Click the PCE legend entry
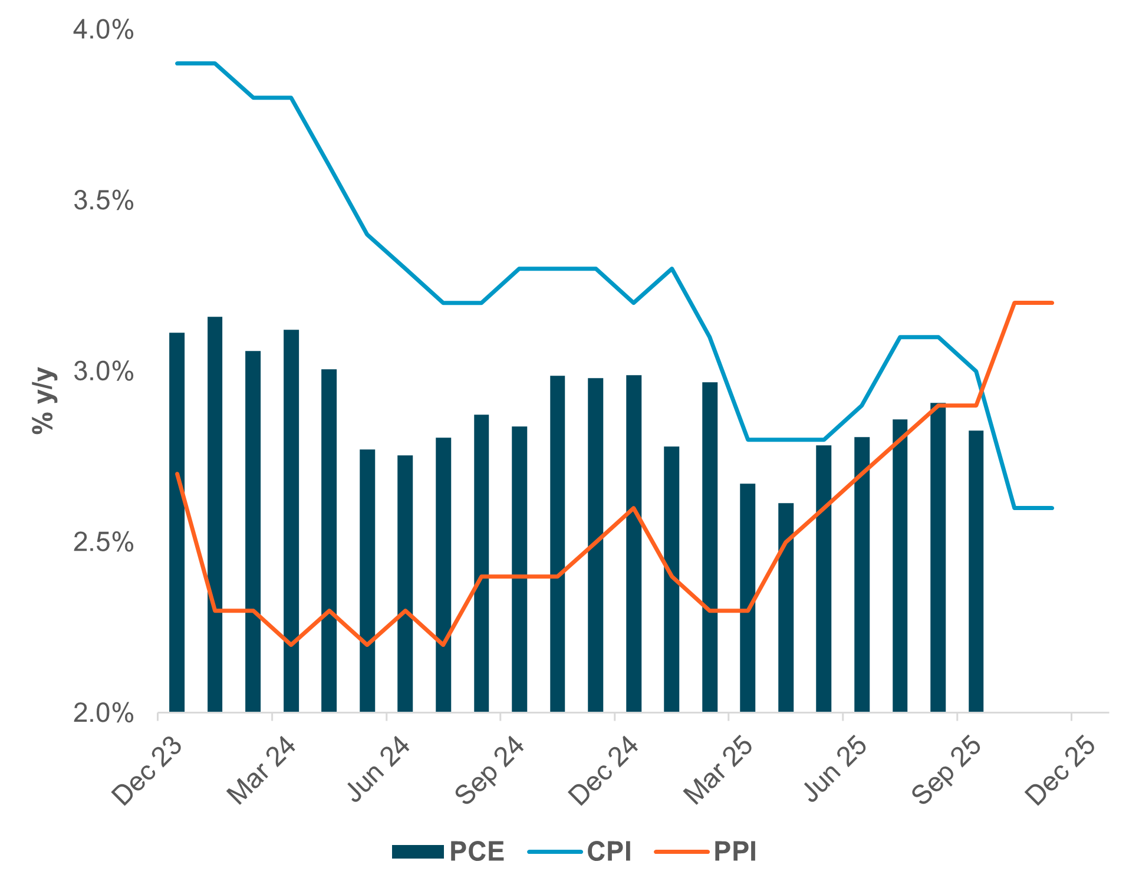pos(448,851)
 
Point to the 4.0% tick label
pos(103,29)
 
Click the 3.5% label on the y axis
pos(103,201)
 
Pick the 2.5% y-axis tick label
pos(103,543)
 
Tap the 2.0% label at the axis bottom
pos(103,714)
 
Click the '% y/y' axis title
pos(44,401)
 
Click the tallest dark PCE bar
pos(215,513)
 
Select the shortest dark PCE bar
pos(786,607)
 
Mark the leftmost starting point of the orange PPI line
pos(177,474)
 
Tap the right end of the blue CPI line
pos(1052,508)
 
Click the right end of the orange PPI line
pos(1052,303)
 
